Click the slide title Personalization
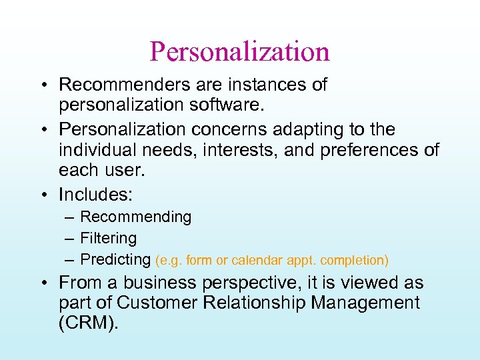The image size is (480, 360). click(240, 51)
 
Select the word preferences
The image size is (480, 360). click(371, 149)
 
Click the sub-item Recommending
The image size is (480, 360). click(135, 217)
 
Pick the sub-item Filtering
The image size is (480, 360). click(108, 238)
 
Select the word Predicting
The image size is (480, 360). click(115, 259)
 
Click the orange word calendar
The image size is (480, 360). click(261, 260)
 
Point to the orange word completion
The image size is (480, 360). click(355, 260)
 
